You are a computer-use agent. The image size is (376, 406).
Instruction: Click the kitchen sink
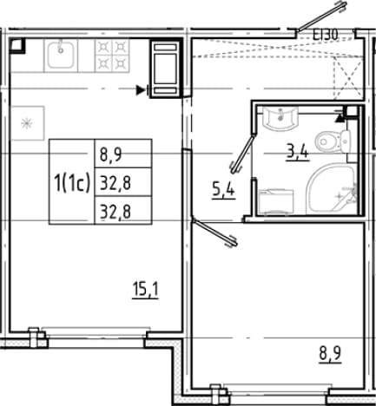[61, 55]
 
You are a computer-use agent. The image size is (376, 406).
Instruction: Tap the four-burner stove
[112, 56]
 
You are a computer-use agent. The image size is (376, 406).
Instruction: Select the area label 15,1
[145, 290]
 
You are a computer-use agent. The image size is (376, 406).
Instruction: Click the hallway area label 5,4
[223, 191]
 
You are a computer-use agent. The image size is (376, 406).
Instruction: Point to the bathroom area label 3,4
[297, 152]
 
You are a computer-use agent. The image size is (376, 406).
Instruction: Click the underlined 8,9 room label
[330, 354]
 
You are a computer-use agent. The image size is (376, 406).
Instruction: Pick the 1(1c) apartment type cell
[72, 182]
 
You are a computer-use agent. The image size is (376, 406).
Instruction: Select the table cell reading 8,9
[123, 154]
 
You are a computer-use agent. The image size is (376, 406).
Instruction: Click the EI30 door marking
[326, 36]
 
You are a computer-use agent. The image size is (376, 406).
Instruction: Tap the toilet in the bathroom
[333, 141]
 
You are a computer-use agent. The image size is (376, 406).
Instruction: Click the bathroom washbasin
[280, 117]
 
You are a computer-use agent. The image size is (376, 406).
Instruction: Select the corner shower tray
[332, 189]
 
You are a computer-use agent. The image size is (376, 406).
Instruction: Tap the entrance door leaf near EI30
[322, 16]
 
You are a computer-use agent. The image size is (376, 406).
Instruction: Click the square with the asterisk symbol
[27, 123]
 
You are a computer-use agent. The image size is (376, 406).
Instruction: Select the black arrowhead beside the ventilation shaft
[141, 90]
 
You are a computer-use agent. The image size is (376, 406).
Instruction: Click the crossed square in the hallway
[348, 77]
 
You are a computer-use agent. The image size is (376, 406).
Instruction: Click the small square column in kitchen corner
[17, 46]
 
